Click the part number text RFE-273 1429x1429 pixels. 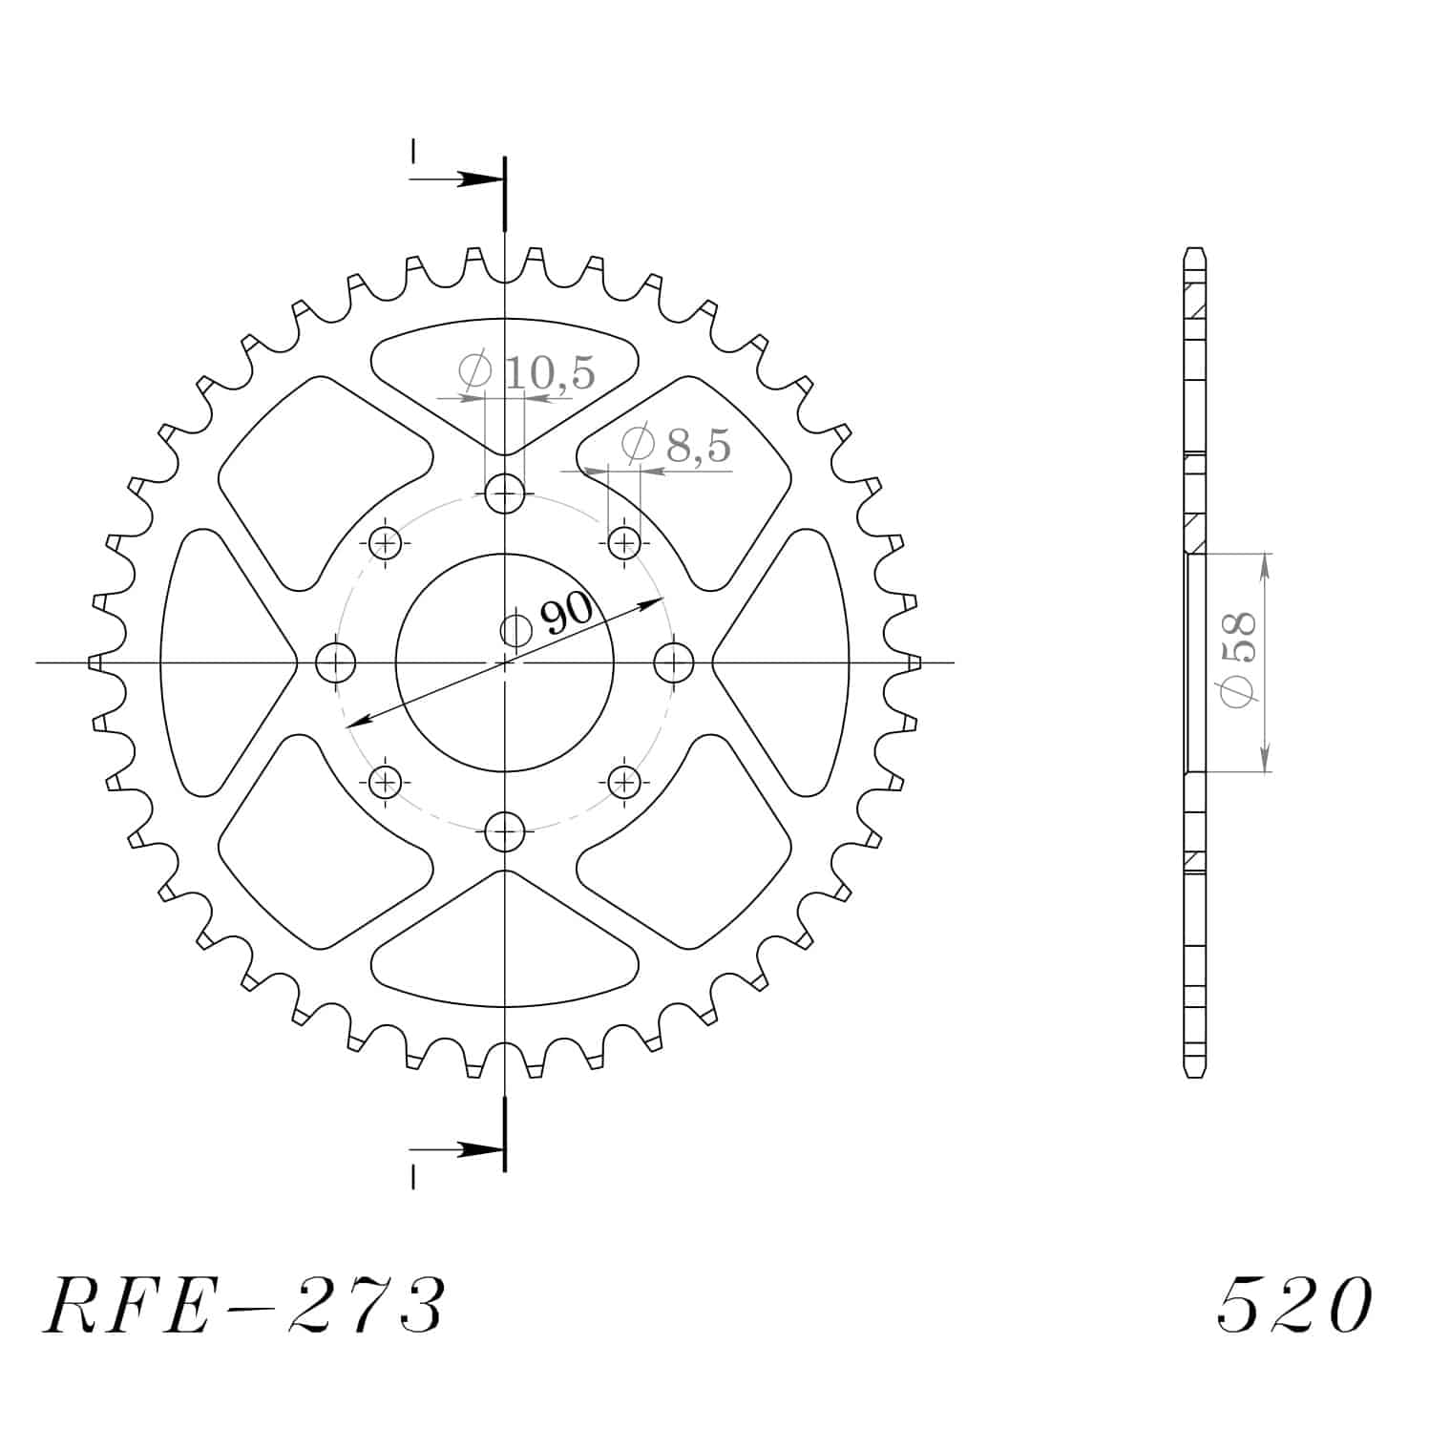pos(243,1305)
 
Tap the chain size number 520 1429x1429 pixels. pos(1294,1305)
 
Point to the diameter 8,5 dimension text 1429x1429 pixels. pos(676,445)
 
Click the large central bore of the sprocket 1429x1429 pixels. pos(504,662)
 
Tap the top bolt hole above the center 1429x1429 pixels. pos(505,494)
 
